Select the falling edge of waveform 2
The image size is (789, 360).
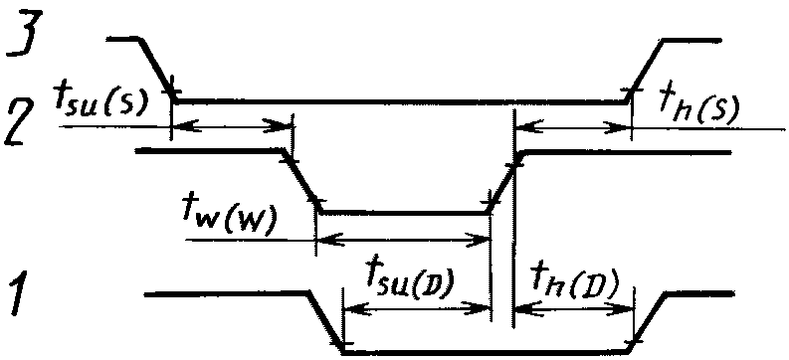pyautogui.click(x=301, y=181)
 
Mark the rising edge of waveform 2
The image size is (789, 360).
pyautogui.click(x=505, y=182)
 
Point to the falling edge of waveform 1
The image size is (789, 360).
pyautogui.click(x=325, y=322)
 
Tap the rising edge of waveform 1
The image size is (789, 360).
pyautogui.click(x=648, y=321)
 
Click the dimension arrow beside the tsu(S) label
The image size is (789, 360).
pyautogui.click(x=233, y=126)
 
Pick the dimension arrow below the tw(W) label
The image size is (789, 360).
pyautogui.click(x=403, y=240)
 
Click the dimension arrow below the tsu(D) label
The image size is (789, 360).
pyautogui.click(x=417, y=307)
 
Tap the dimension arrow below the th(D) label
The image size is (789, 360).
pyautogui.click(x=574, y=307)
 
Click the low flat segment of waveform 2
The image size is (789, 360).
pyautogui.click(x=405, y=213)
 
